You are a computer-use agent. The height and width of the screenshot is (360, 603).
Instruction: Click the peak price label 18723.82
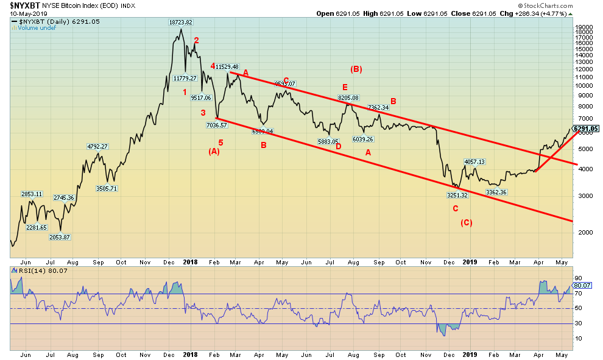181,22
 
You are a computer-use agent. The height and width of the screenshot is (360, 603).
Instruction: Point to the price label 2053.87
59,237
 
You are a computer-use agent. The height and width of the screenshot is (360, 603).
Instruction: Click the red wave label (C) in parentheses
467,223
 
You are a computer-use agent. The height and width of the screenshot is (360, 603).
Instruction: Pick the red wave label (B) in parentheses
356,69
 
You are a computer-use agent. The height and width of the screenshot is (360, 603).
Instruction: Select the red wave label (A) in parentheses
214,151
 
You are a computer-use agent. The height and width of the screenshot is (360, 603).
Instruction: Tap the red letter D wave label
338,146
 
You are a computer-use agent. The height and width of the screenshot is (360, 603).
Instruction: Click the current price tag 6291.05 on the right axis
586,129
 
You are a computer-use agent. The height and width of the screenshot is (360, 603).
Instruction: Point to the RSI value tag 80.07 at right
582,285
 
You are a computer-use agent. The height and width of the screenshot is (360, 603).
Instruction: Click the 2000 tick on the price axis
582,232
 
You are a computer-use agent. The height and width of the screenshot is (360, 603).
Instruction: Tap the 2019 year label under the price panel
470,261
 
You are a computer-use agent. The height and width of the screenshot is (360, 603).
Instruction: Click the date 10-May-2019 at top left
22,13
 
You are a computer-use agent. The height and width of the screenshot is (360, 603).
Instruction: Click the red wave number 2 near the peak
196,41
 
